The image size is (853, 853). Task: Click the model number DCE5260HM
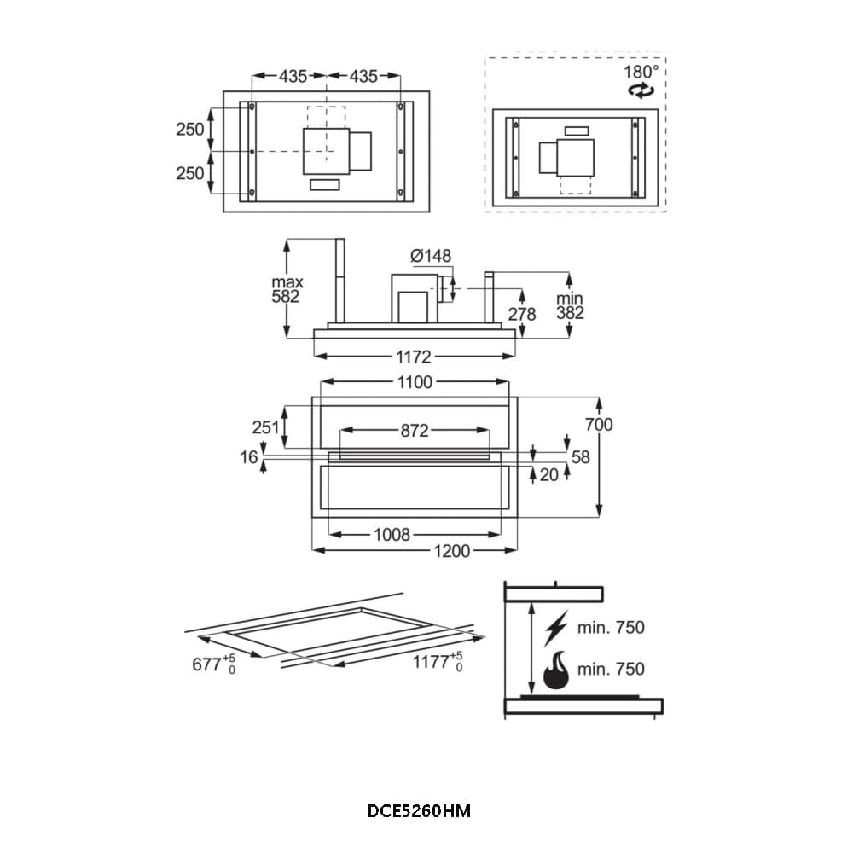coord(419,811)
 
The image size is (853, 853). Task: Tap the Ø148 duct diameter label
coord(431,255)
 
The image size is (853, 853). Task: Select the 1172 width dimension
coord(414,357)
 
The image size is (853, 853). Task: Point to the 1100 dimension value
coord(415,382)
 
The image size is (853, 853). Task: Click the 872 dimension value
coord(415,431)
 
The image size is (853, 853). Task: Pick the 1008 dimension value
coord(392,535)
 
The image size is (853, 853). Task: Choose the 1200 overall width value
coord(451,552)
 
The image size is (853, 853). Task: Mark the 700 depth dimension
coord(599,424)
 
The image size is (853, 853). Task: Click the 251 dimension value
coord(265,427)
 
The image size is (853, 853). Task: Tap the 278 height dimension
coord(522,314)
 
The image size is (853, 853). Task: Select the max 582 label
coord(287,289)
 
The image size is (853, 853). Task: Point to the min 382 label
coord(570,305)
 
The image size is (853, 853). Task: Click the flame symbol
coord(556,670)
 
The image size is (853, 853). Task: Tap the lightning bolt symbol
coord(556,629)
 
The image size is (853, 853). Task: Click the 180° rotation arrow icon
coord(641,90)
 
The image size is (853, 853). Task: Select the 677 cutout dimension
coord(214,664)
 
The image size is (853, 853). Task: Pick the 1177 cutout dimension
coord(438,662)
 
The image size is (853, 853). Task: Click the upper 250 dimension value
coord(190,130)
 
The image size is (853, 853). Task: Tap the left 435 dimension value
coord(293,77)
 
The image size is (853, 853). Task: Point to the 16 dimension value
coord(248,457)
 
